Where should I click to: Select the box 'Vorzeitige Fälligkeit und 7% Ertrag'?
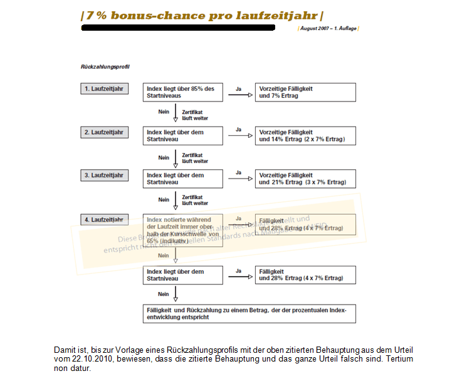coord(305,92)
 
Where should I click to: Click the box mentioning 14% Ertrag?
coord(305,136)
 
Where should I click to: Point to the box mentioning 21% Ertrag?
coord(305,179)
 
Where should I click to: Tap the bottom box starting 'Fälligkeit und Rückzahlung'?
coord(249,313)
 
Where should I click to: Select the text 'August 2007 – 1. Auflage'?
coord(328,29)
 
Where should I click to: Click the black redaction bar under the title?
coord(178,28)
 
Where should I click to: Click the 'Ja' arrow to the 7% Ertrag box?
coord(239,95)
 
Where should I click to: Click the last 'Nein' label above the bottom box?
coord(164,293)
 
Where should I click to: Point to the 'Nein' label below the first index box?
coord(164,112)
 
